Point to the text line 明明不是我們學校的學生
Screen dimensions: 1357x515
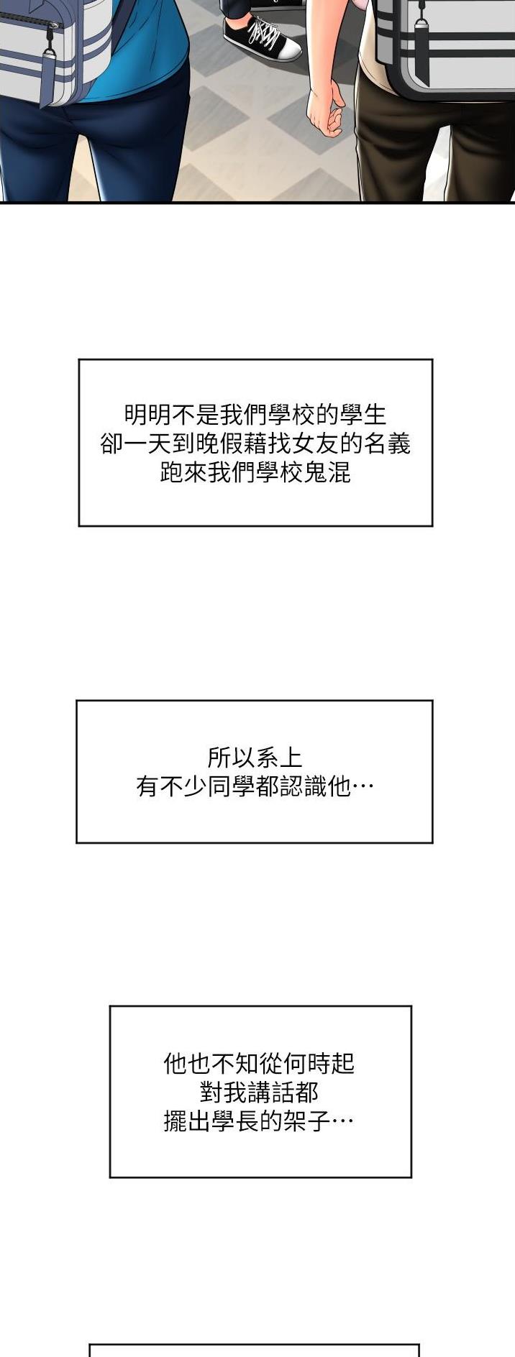(x=255, y=415)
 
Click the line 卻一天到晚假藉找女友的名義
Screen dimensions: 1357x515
(x=255, y=444)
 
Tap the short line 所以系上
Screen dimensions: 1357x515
(x=255, y=758)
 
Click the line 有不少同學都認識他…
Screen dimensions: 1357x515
(x=255, y=787)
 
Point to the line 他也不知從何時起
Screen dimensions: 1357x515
(x=259, y=1063)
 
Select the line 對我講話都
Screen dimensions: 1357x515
(x=259, y=1092)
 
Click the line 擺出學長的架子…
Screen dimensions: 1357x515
(x=259, y=1122)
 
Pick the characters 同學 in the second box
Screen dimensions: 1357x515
(x=232, y=787)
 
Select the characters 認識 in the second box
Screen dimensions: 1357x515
(x=303, y=787)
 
